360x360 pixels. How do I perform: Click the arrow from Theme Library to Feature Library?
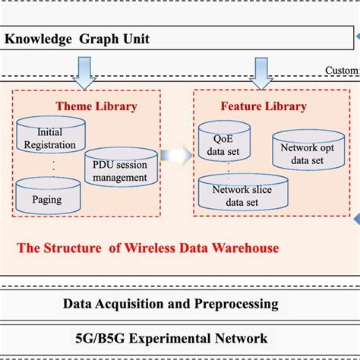coord(176,155)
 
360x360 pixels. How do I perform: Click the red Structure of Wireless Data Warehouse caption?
coord(148,248)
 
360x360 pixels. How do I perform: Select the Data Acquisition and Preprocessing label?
coord(170,304)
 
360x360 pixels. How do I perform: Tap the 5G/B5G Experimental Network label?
coord(170,338)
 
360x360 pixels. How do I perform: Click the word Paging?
coord(48,201)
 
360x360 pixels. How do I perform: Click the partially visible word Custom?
coord(342,71)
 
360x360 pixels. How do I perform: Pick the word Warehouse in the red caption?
coord(245,248)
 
